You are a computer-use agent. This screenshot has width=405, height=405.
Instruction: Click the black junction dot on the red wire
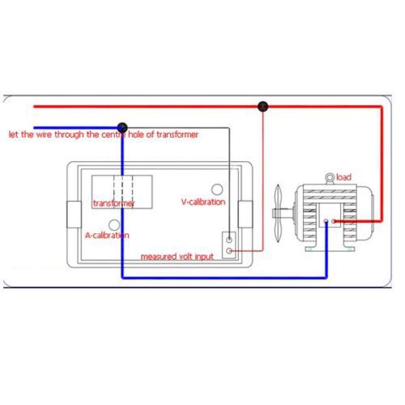(x=262, y=106)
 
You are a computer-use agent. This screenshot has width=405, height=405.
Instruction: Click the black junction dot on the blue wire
(x=122, y=127)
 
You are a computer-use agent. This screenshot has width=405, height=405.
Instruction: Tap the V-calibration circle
(x=217, y=190)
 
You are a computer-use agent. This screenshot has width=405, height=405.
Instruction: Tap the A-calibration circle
(x=114, y=225)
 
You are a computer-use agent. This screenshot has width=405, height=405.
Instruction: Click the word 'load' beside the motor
(x=343, y=177)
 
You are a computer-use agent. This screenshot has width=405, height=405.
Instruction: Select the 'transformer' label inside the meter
(x=113, y=203)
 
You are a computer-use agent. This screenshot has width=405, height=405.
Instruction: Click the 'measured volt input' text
(x=177, y=257)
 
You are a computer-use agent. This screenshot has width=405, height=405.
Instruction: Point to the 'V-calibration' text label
(x=203, y=202)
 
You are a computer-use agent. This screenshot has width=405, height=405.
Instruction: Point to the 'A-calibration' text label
(x=107, y=235)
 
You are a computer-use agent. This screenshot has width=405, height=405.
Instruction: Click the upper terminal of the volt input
(x=229, y=240)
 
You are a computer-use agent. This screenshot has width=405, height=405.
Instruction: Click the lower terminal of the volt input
(x=229, y=251)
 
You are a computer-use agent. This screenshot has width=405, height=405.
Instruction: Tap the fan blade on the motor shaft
(x=278, y=213)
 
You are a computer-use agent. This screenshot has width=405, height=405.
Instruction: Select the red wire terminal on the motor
(x=334, y=221)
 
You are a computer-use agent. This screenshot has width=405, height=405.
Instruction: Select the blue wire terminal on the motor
(x=326, y=221)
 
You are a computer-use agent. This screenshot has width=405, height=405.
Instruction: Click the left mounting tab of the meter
(x=74, y=215)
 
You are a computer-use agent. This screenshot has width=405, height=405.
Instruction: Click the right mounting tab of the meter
(x=245, y=214)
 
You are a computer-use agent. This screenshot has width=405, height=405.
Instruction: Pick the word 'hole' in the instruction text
(x=136, y=134)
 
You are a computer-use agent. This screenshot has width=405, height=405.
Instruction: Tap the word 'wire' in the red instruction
(x=44, y=134)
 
